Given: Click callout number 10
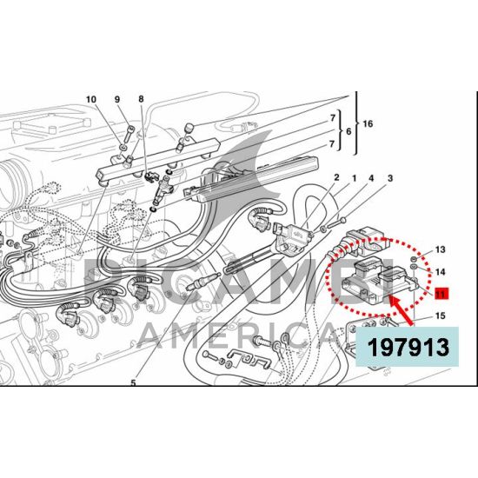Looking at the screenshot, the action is point(91,99).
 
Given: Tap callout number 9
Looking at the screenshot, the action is point(117,99).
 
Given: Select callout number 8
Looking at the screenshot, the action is point(141,99).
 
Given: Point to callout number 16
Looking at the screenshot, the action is point(368,123).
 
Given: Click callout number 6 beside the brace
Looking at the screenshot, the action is point(349,131).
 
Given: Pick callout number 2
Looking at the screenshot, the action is point(336,177).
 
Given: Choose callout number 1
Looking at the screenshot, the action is point(355,178).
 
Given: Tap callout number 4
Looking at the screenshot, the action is point(371,178).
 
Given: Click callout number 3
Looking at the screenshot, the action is point(390,178).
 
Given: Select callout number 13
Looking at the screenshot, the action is point(441,250).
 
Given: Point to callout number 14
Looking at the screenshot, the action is point(441,272).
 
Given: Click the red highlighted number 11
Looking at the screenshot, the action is point(441,294).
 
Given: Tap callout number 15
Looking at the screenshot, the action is point(441,315).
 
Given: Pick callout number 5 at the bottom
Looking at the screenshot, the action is point(133,383).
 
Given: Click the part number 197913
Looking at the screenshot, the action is point(408,348).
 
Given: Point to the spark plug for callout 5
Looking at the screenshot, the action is point(202,282).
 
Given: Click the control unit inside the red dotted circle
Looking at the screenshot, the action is point(378,281).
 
